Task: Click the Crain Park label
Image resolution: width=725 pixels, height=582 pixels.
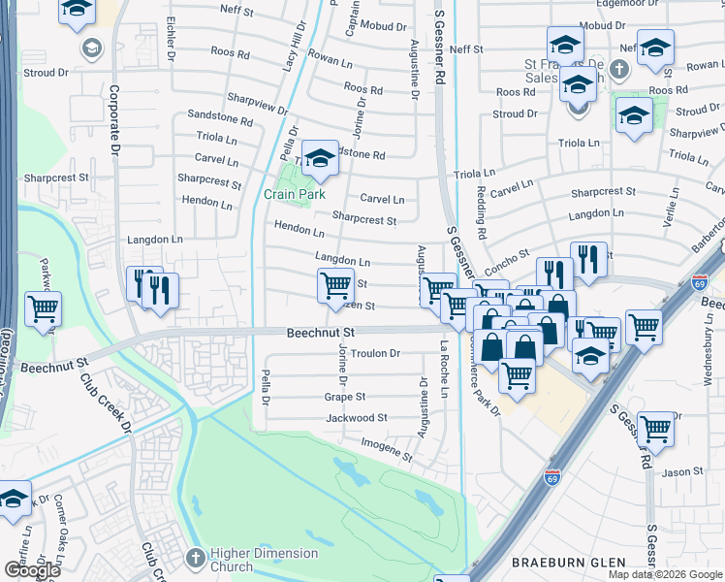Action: coord(294,194)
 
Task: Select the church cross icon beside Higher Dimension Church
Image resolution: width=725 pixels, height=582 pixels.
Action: coord(194,559)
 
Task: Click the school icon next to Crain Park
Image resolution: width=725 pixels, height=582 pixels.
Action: coord(318,157)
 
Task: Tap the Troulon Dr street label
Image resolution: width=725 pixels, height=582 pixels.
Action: coord(375,354)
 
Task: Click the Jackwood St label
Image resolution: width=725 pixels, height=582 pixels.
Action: coord(356,418)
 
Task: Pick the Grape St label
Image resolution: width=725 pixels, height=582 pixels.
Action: coord(344,397)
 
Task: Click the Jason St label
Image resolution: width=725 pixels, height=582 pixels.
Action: coord(682,472)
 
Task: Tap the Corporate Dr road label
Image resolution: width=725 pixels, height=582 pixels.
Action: coord(114,120)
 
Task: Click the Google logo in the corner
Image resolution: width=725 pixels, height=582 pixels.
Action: coord(32,570)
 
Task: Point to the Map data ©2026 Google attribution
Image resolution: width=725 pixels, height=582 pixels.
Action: coord(665,574)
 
